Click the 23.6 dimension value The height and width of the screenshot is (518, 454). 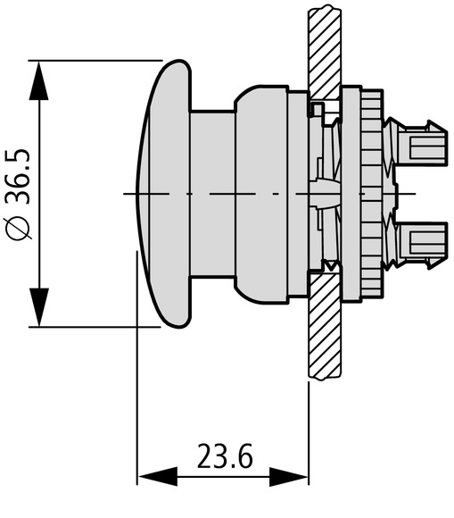(225, 456)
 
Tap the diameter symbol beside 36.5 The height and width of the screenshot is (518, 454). (18, 228)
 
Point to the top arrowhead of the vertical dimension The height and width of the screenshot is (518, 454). (38, 80)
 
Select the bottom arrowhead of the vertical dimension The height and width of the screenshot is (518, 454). (39, 307)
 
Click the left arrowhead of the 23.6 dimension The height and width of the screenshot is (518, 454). (157, 477)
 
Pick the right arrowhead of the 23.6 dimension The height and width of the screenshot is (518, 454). (289, 477)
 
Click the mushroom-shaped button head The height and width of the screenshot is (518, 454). (164, 194)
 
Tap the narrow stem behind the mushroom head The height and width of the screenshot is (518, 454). (213, 193)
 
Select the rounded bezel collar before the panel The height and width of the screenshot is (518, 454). (261, 194)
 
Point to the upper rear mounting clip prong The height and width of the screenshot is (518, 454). (421, 143)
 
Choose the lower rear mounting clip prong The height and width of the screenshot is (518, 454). (421, 245)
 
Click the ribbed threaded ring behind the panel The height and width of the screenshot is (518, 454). (372, 193)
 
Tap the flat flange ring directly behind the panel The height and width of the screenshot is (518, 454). (351, 194)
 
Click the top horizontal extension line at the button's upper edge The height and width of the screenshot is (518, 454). (95, 61)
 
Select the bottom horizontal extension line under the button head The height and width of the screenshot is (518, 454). (95, 327)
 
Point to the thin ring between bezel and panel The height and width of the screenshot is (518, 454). (299, 194)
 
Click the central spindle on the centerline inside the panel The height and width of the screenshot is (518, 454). (324, 194)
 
